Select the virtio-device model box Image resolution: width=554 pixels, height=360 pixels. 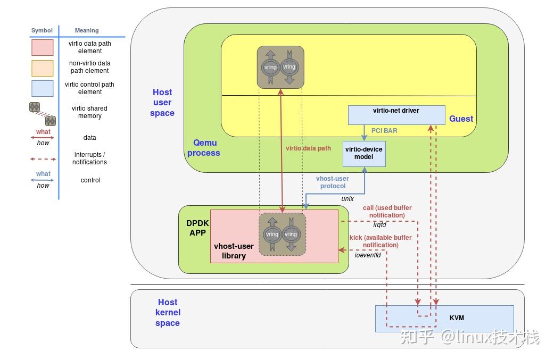(x=364, y=154)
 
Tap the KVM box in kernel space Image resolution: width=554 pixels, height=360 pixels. (x=456, y=318)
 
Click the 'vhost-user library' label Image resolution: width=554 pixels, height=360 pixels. (x=234, y=251)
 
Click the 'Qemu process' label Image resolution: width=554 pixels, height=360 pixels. (x=206, y=148)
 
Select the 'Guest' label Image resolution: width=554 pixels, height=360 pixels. (x=461, y=119)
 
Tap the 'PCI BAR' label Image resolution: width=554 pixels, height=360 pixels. (x=384, y=130)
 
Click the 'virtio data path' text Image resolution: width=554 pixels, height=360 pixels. (x=308, y=148)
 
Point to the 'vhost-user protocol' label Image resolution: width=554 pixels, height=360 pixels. (x=333, y=182)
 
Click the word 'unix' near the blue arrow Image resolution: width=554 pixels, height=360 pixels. (x=347, y=199)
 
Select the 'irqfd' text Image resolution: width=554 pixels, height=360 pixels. (x=379, y=225)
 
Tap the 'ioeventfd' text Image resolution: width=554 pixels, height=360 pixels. (x=368, y=255)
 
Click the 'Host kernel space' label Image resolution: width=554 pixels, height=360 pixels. (x=168, y=312)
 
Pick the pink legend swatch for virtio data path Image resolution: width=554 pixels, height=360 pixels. (x=42, y=47)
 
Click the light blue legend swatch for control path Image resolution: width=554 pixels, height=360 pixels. (x=42, y=88)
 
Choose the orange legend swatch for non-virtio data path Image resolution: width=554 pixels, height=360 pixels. (x=42, y=68)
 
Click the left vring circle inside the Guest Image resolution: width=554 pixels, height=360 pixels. (x=270, y=67)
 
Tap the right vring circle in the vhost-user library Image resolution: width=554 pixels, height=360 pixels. (x=291, y=234)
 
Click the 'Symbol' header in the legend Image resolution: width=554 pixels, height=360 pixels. (x=42, y=30)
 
